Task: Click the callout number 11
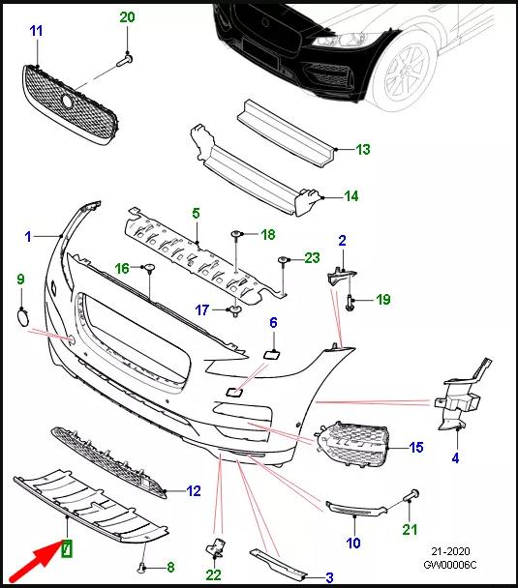(x=36, y=31)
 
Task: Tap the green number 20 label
(x=127, y=17)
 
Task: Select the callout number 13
(x=363, y=150)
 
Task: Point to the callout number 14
(x=351, y=196)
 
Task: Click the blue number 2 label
(x=342, y=241)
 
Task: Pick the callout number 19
(x=383, y=300)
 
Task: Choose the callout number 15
(x=416, y=448)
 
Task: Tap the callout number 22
(x=213, y=574)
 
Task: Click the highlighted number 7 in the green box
(x=67, y=549)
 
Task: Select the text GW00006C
(x=450, y=565)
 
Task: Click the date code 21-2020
(x=450, y=551)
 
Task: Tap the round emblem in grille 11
(x=68, y=101)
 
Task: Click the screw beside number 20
(x=125, y=60)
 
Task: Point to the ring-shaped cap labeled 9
(x=23, y=317)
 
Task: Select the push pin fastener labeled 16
(x=150, y=268)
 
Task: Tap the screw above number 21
(x=411, y=495)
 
